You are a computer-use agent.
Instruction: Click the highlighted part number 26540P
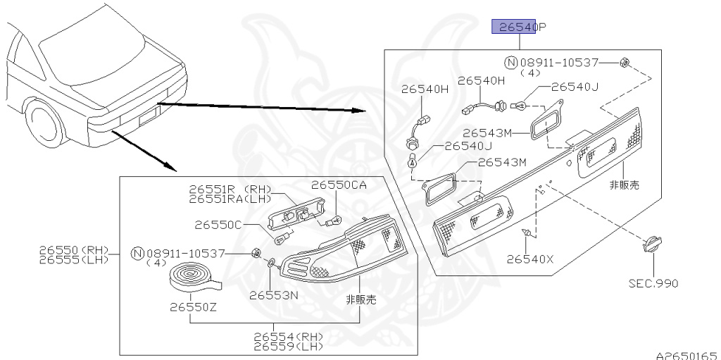click(519, 27)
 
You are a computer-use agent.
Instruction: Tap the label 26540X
click(529, 259)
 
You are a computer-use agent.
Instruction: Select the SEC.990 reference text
click(653, 283)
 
